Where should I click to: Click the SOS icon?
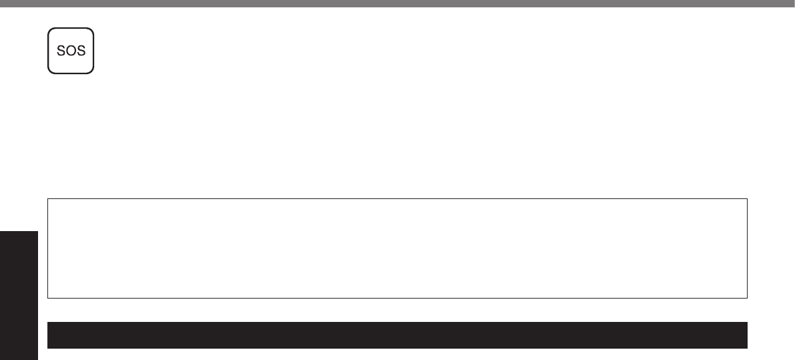(x=71, y=51)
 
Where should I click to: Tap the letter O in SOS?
(x=71, y=51)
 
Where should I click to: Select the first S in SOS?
(x=61, y=51)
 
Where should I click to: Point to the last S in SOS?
(x=80, y=51)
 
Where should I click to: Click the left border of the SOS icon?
(x=48, y=51)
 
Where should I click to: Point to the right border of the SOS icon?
(x=93, y=51)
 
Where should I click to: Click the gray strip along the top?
(x=397, y=3)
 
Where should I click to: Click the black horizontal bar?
(x=397, y=335)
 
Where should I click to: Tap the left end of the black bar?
(x=49, y=335)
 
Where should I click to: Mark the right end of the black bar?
(x=745, y=335)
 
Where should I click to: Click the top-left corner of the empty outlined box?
(x=48, y=198)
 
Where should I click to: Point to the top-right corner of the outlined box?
(x=746, y=198)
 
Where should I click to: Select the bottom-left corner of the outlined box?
(x=48, y=297)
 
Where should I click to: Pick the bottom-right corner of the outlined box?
(x=746, y=297)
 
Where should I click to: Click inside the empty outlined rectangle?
(x=397, y=248)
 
